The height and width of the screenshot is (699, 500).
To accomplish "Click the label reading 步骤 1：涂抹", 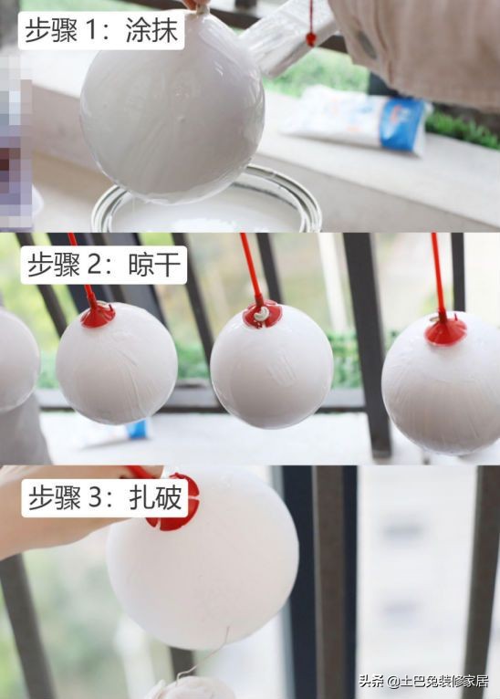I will (x=101, y=30).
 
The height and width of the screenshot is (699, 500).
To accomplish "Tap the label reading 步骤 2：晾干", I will (x=102, y=266).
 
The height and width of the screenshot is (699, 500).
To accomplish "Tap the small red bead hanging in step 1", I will (x=311, y=39).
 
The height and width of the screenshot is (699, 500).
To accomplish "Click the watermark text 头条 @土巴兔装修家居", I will (x=424, y=680).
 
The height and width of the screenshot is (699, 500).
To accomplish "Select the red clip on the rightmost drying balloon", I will (x=445, y=330).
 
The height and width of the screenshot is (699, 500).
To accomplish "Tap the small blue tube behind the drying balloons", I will (x=137, y=428).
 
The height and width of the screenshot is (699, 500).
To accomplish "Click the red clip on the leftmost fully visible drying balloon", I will (x=98, y=315).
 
